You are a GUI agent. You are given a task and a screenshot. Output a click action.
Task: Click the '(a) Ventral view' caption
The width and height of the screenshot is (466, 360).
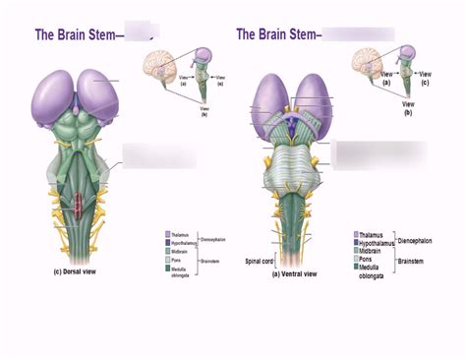tap(295, 274)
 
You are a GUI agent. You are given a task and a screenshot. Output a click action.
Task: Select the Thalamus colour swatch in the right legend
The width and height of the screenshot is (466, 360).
tap(356, 235)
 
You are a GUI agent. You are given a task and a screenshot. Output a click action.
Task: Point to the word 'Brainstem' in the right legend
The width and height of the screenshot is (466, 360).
tap(414, 261)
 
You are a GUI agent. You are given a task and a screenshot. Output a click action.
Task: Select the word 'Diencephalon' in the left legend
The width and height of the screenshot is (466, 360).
tap(213, 239)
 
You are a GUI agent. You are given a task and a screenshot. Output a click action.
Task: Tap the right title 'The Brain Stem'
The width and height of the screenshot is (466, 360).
tap(272, 34)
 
